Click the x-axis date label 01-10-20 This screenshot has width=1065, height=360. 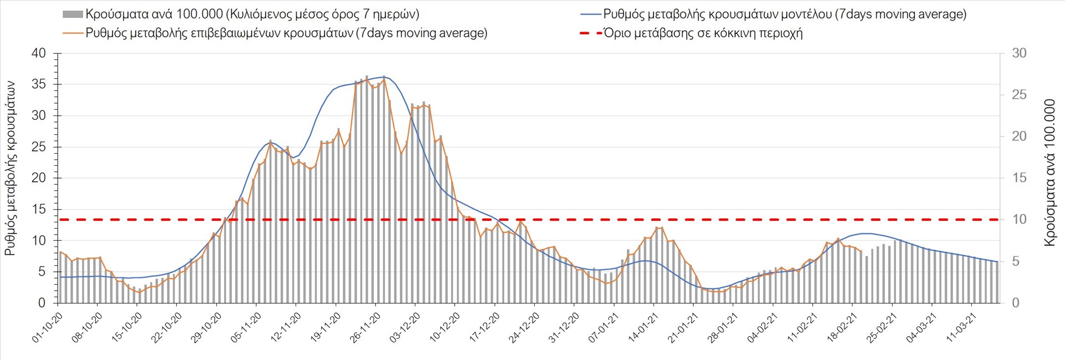point(47,327)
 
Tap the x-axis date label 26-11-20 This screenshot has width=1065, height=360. point(364,327)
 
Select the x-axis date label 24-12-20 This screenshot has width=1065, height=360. point(524,327)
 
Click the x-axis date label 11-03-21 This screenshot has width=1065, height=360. point(961,327)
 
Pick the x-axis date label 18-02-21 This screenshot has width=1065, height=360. point(841,327)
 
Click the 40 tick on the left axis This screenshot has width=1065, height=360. point(39,54)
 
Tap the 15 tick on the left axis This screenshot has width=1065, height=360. point(39,210)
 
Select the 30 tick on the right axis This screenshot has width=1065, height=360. point(1019,54)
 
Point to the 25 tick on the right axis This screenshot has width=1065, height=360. point(1019,95)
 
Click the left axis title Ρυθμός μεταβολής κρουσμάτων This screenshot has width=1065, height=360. point(10,169)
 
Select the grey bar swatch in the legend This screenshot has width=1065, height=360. point(73,14)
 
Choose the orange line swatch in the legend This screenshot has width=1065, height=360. point(73,33)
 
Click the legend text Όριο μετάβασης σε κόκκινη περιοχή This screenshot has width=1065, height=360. point(703,33)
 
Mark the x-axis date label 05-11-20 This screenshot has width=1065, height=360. point(245,327)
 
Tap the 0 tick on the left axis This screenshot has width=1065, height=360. point(42,303)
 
